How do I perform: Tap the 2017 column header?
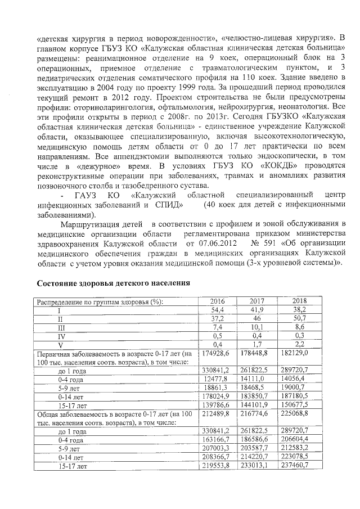click(x=256, y=301)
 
